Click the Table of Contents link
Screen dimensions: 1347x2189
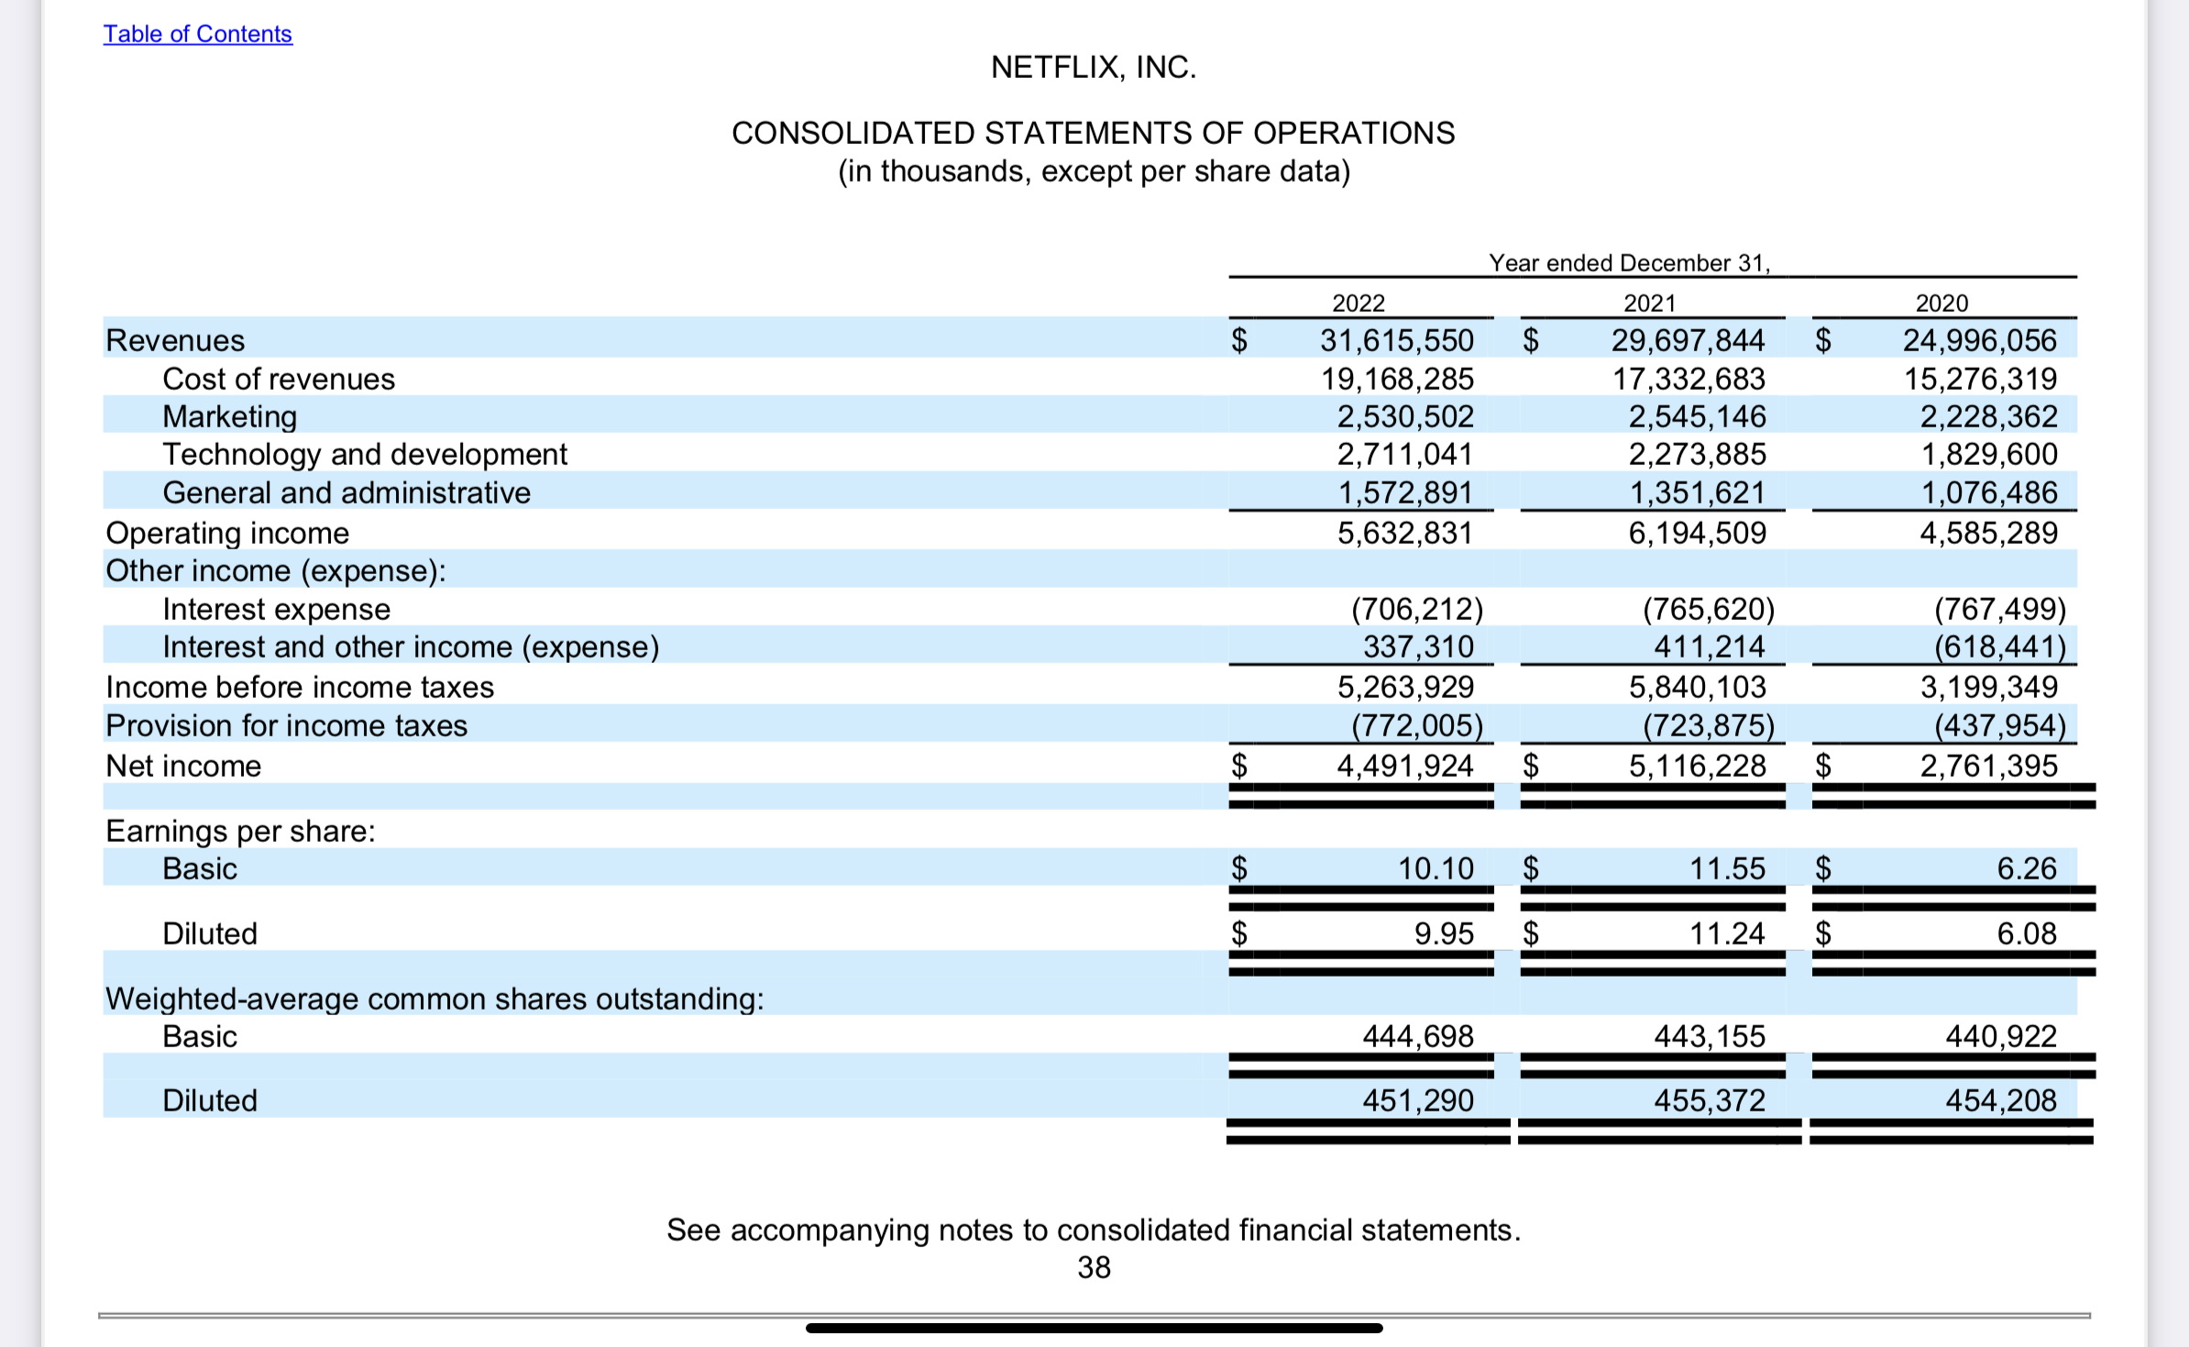tap(197, 34)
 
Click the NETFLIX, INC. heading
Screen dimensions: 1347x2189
tap(1094, 67)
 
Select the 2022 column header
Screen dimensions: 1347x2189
tap(1358, 303)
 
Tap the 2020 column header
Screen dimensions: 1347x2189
tap(1941, 303)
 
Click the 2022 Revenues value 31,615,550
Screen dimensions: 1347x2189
tap(1396, 340)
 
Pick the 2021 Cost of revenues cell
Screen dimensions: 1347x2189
tap(1688, 379)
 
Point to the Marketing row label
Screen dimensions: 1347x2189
tap(230, 416)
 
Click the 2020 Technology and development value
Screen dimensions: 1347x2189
tap(1988, 454)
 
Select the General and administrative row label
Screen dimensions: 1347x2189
tap(346, 492)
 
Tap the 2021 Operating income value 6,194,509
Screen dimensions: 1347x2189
tap(1697, 533)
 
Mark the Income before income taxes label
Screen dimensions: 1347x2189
tap(300, 687)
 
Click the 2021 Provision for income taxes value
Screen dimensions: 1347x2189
tap(1708, 725)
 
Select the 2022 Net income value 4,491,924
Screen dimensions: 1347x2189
tap(1404, 766)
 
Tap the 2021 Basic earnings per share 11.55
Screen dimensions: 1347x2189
tap(1727, 868)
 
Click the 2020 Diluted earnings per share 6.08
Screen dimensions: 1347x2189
tap(2027, 933)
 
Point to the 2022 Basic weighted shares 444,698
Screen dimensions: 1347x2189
tap(1417, 1036)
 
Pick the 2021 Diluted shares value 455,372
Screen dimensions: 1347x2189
tap(1709, 1100)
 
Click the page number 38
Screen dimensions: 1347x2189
tap(1094, 1267)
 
